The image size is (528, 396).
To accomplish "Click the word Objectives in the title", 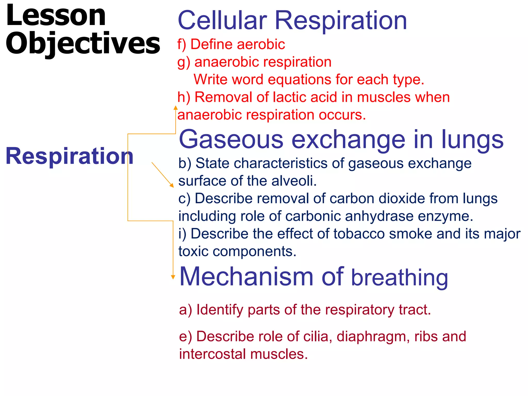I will click(x=82, y=43).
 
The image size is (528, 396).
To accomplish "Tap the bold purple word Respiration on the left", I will click(x=70, y=156).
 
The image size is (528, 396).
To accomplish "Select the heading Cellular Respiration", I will click(x=292, y=21).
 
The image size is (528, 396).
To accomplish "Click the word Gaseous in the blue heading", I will click(x=231, y=140).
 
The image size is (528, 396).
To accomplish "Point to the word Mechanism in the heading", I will click(x=246, y=277).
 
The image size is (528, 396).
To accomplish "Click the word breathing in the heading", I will click(x=399, y=278).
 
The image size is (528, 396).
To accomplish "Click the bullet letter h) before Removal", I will click(x=184, y=97).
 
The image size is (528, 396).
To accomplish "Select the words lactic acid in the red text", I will click(x=305, y=97).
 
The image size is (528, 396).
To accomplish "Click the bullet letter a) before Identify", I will click(x=186, y=310).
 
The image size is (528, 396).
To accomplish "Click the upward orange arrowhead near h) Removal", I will click(x=176, y=108).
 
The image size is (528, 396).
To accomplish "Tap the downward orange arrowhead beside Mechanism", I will click(x=173, y=277).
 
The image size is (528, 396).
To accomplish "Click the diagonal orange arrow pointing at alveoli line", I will click(x=163, y=175).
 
